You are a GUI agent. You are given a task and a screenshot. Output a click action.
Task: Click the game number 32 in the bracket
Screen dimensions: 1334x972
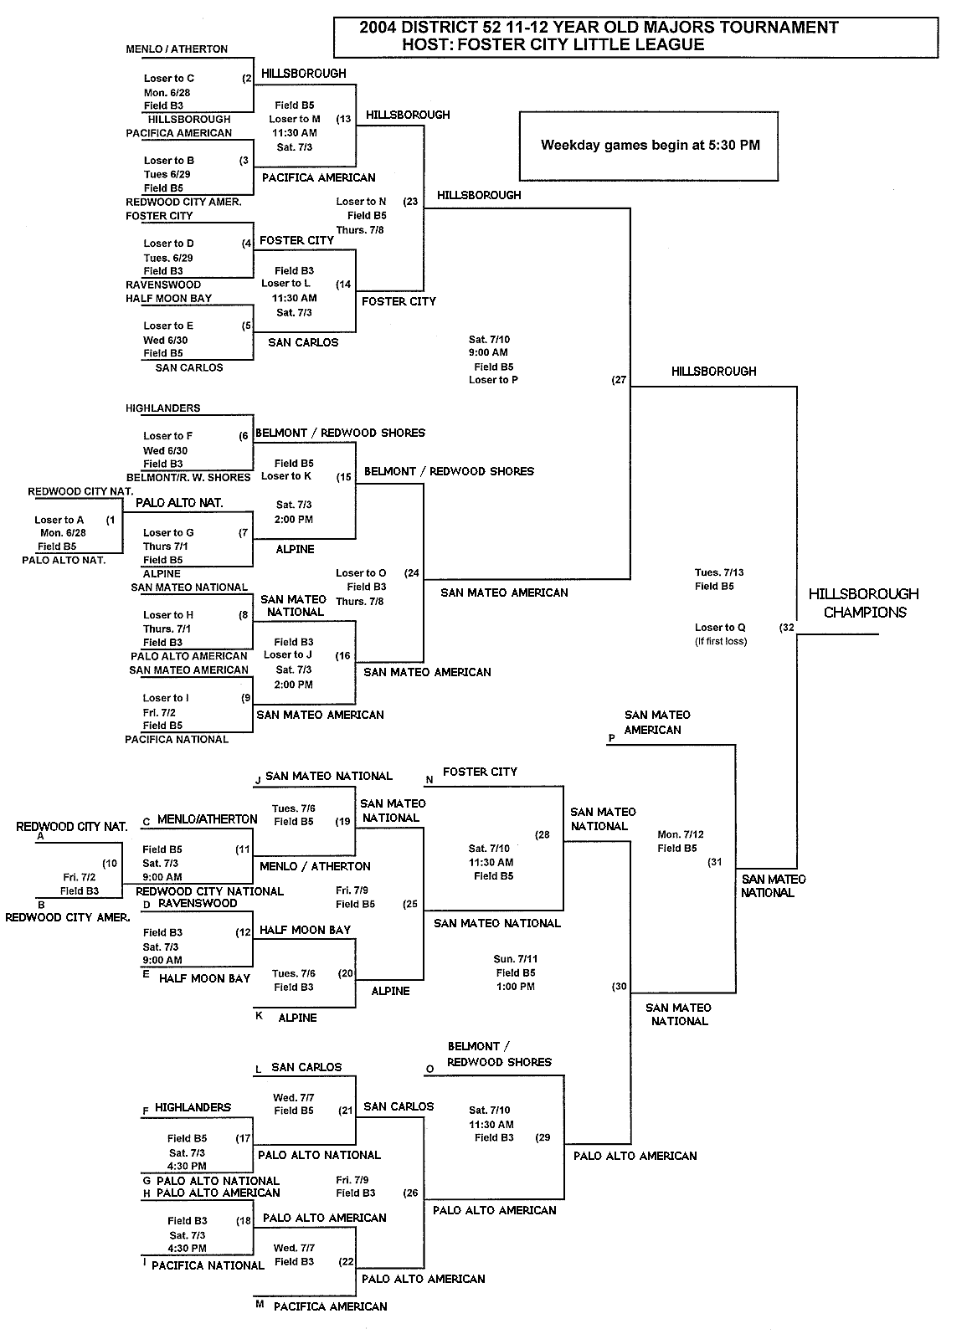[786, 627]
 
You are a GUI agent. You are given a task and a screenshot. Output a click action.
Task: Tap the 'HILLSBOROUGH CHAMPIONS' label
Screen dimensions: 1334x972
[863, 603]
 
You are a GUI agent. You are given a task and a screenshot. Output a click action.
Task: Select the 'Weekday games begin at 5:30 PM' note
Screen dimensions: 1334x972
[650, 145]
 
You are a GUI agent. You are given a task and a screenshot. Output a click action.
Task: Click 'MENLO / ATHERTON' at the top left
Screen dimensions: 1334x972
[177, 49]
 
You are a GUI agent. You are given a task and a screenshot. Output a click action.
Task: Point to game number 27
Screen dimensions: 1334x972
[619, 379]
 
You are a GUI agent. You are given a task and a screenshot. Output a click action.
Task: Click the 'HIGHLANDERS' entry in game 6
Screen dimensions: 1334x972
[163, 408]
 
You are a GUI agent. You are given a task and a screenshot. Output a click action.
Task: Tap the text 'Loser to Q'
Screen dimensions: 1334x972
[720, 628]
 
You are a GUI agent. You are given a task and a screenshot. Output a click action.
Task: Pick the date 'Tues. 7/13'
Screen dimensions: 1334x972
[719, 572]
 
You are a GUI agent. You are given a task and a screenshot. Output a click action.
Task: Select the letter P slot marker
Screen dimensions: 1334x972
[612, 739]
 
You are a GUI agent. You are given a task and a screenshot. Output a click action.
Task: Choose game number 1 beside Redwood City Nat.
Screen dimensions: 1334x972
[111, 520]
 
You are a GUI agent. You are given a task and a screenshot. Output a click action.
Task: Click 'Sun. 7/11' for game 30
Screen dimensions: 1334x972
[516, 958]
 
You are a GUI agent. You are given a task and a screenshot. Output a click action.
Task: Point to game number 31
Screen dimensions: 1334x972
[714, 861]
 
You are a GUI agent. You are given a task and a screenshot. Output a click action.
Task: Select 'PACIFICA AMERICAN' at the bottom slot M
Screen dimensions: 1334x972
[330, 1306]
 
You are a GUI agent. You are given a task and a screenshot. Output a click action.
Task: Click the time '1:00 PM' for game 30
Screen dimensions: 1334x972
[516, 987]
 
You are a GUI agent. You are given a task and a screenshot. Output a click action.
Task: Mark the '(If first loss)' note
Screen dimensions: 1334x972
[721, 642]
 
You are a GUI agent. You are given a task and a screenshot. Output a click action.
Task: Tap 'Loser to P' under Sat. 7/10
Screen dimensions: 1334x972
[493, 380]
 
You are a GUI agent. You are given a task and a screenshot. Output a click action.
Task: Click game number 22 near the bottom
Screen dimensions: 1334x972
[346, 1261]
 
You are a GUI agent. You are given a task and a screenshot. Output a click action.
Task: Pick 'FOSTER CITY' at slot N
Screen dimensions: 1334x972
[480, 772]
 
